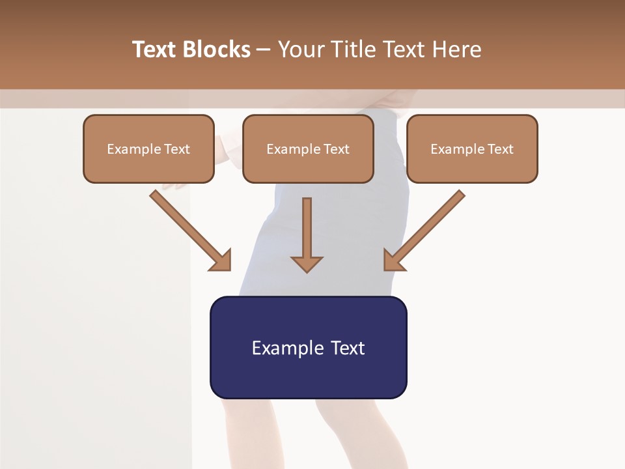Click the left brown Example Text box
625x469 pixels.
pos(148,149)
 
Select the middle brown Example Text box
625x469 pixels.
pos(308,149)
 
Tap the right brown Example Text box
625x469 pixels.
pos(472,149)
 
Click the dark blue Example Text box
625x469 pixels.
pos(308,347)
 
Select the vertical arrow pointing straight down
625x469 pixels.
pos(307,234)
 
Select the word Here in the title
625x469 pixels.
pos(456,50)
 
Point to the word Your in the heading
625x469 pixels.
pos(301,50)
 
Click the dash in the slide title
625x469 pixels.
pos(264,50)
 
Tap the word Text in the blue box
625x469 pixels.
pos(347,348)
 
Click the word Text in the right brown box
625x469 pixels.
pos(500,149)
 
